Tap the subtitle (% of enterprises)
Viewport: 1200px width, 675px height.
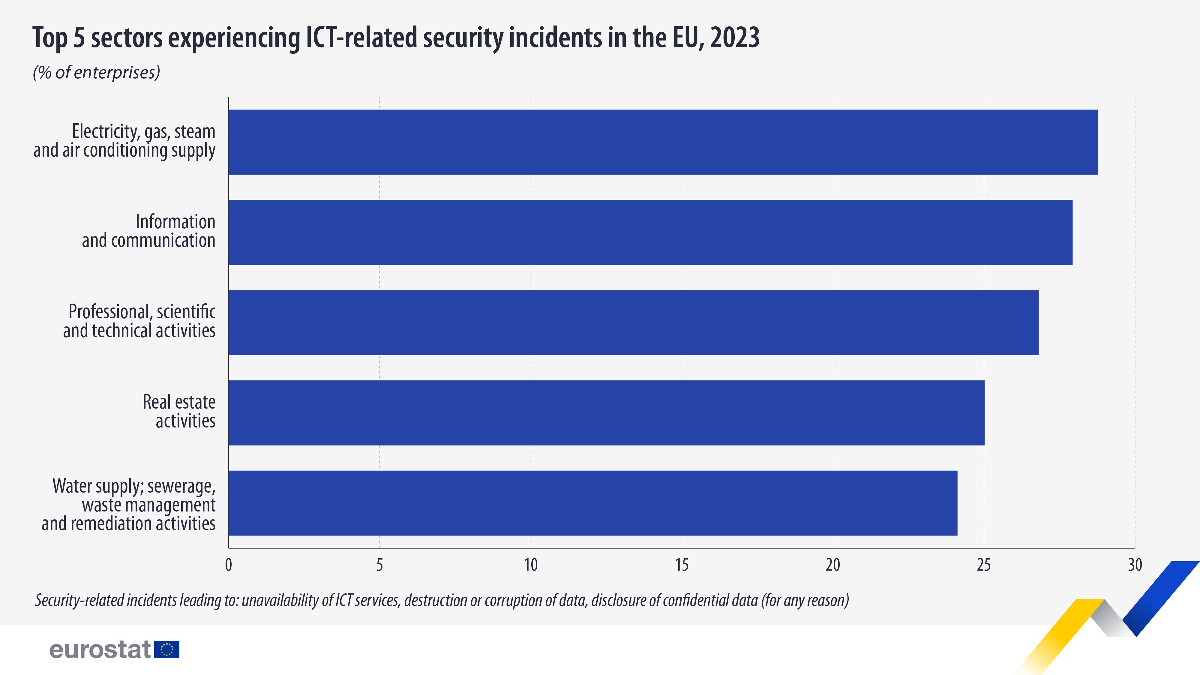tap(96, 73)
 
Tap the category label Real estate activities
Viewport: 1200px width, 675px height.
tap(179, 411)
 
